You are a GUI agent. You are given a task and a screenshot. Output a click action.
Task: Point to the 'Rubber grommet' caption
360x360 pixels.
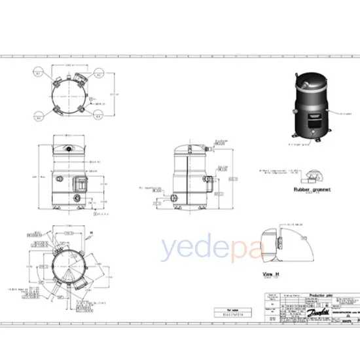pyautogui.click(x=312, y=189)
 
